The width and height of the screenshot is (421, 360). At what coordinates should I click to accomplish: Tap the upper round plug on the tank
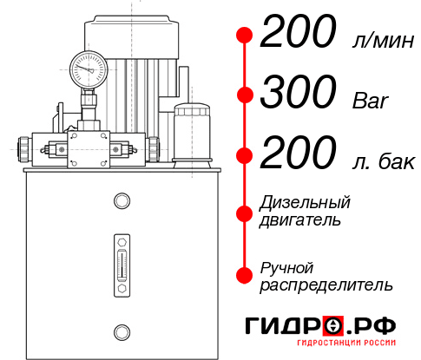click(121, 202)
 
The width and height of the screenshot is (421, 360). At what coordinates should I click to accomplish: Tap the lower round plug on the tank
click(121, 331)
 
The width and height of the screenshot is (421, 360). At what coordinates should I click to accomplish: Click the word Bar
click(368, 100)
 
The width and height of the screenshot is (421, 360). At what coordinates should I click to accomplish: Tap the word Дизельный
click(305, 202)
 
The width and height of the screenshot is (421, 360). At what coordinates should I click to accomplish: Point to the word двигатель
click(300, 219)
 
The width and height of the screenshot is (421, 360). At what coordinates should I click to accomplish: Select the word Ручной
click(286, 267)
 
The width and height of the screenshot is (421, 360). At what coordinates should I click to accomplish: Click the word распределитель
click(326, 285)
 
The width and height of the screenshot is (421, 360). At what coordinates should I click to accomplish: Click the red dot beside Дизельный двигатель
click(245, 211)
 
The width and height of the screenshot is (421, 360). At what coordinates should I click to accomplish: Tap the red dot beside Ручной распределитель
click(245, 275)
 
